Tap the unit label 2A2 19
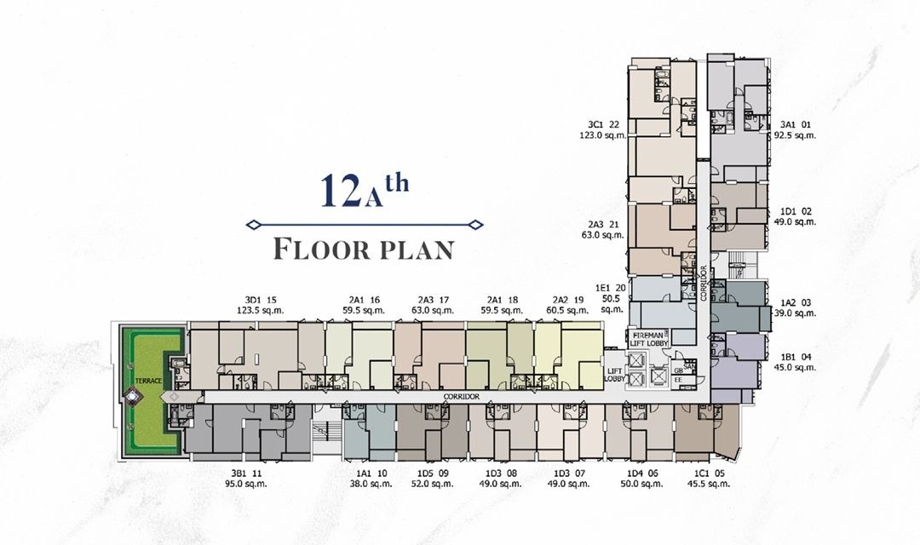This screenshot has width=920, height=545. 567,300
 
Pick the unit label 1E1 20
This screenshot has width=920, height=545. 610,289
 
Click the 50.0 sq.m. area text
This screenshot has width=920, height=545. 641,484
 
